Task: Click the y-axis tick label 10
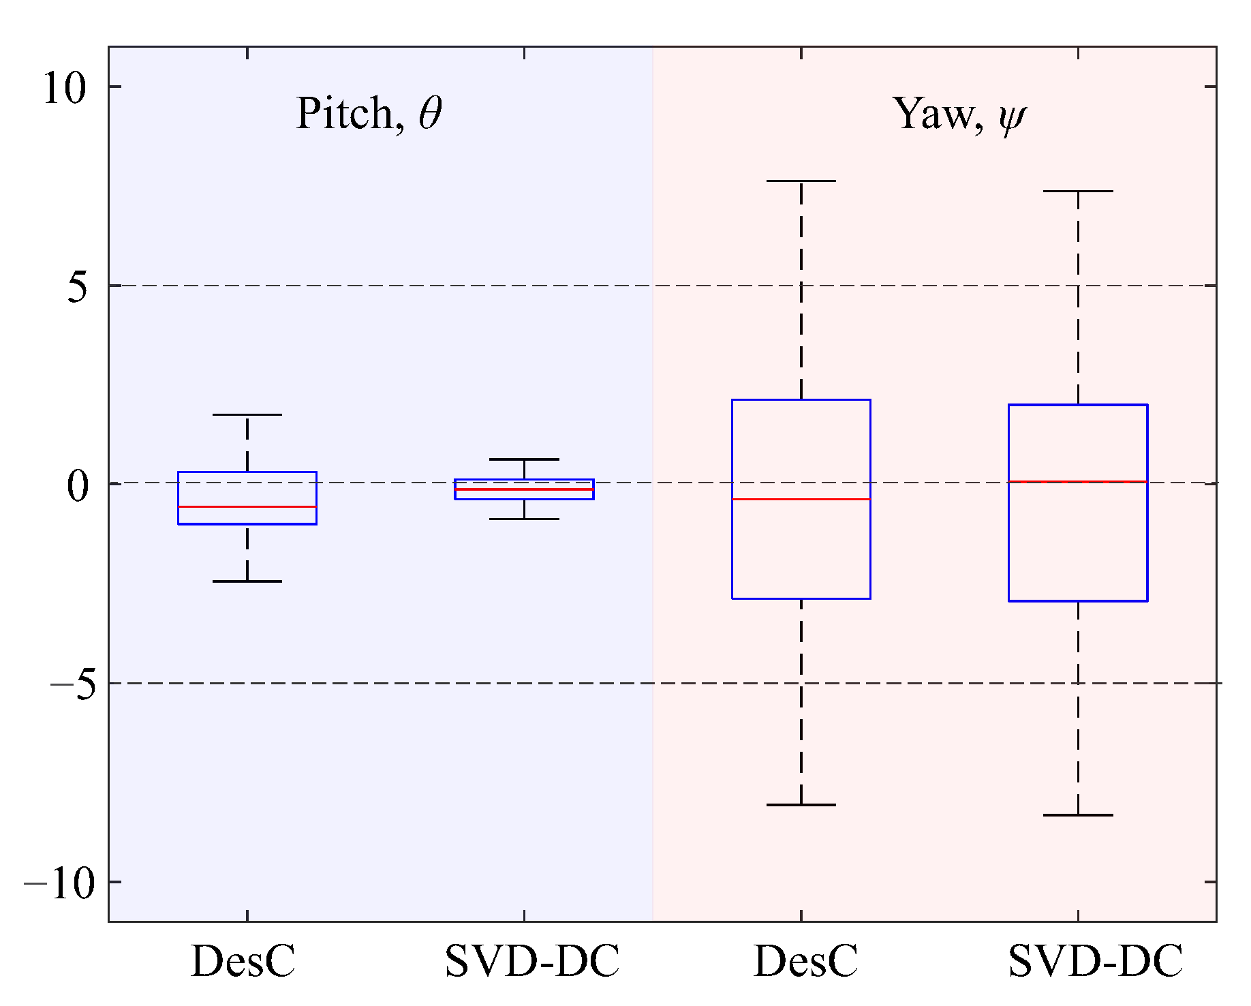pyautogui.click(x=65, y=88)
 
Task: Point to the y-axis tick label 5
pyautogui.click(x=78, y=287)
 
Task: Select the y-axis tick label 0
pyautogui.click(x=78, y=486)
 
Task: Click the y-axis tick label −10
pyautogui.click(x=59, y=884)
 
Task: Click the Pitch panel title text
pyautogui.click(x=369, y=113)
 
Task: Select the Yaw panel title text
pyautogui.click(x=959, y=113)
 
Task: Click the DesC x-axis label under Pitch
pyautogui.click(x=243, y=962)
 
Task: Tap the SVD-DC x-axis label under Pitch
pyautogui.click(x=532, y=962)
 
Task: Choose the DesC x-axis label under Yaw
pyautogui.click(x=806, y=962)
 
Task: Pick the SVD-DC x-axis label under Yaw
pyautogui.click(x=1095, y=962)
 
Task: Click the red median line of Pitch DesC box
pyautogui.click(x=247, y=507)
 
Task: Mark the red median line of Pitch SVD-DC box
pyautogui.click(x=524, y=489)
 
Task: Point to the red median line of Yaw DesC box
pyautogui.click(x=801, y=500)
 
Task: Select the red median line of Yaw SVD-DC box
pyautogui.click(x=1078, y=482)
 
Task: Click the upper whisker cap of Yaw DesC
pyautogui.click(x=801, y=181)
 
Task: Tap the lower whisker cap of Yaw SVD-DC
pyautogui.click(x=1078, y=815)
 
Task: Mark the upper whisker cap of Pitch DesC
pyautogui.click(x=247, y=414)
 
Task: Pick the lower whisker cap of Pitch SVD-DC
pyautogui.click(x=524, y=519)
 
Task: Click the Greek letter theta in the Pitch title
pyautogui.click(x=431, y=113)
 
